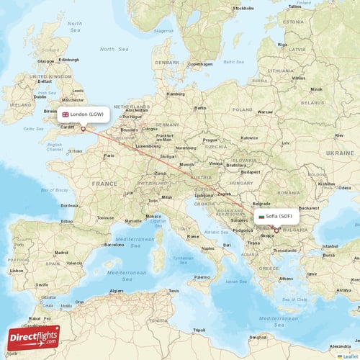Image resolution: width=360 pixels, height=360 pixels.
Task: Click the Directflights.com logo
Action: point(33,337)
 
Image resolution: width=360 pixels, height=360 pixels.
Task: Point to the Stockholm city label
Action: point(243,8)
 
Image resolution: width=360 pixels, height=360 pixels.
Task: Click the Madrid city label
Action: point(60,253)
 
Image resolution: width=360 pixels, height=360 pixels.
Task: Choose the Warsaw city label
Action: point(265,112)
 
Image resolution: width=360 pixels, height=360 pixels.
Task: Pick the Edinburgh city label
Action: point(69,60)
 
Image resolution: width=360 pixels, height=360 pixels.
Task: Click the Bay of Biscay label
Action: point(55,190)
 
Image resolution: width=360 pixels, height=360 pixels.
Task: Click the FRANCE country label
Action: point(104,184)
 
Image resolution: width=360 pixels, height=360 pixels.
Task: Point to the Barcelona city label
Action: point(114,244)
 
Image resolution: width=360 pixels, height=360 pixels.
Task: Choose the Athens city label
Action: point(286,278)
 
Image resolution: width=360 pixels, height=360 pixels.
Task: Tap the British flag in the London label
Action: point(66,114)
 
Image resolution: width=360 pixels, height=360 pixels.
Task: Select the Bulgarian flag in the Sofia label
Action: point(261,216)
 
